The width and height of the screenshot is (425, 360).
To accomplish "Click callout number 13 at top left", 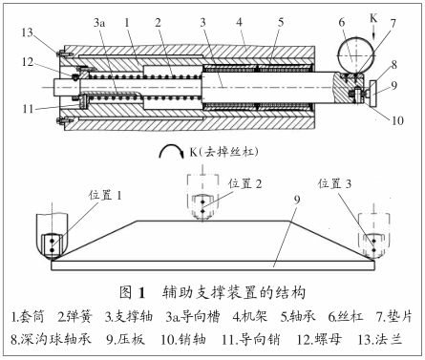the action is [x=28, y=32].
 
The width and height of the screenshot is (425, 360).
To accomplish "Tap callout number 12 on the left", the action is [x=28, y=62].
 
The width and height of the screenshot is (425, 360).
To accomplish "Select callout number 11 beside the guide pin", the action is [x=28, y=109].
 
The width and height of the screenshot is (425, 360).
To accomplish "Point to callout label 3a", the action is [x=99, y=23].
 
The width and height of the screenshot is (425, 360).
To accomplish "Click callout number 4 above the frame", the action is [x=240, y=22].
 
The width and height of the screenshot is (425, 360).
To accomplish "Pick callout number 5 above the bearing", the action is [x=281, y=22].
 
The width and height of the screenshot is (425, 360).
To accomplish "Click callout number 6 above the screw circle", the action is [x=342, y=22].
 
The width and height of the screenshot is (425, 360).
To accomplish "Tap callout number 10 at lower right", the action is [x=397, y=120].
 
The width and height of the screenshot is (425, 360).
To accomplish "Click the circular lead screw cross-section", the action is [x=356, y=55].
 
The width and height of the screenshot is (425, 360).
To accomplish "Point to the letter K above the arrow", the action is [x=373, y=18].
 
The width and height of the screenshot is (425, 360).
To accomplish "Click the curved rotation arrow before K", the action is [x=172, y=152].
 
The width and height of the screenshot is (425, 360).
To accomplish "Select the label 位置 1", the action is [x=105, y=195].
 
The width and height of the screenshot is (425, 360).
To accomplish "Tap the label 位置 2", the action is [x=244, y=183].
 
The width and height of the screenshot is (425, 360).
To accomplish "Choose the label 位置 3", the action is [x=334, y=183].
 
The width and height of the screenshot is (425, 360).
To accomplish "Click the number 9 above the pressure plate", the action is [x=297, y=200].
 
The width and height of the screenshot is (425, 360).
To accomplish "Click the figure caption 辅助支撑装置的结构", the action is [x=234, y=292].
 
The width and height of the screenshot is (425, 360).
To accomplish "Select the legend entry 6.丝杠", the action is [x=346, y=316].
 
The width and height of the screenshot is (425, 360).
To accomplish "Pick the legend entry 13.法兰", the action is [x=380, y=340].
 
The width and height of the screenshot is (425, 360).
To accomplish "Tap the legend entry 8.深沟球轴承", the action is [x=51, y=340].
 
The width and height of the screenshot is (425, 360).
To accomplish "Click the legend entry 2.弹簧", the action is [x=75, y=316].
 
